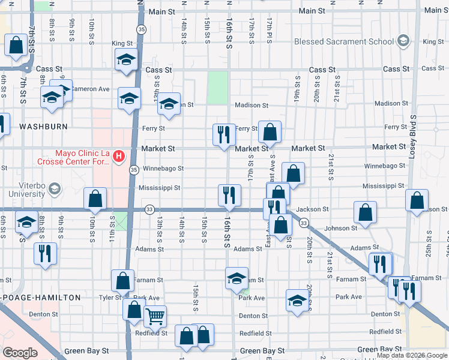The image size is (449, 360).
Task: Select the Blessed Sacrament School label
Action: coord(344,41)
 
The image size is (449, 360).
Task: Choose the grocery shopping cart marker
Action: coord(155,316)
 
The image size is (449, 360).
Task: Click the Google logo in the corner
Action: coord(20,353)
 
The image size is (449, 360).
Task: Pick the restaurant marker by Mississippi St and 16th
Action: coord(229,194)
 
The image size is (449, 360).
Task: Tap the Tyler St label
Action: coord(110,298)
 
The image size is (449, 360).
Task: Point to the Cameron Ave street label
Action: coord(90,89)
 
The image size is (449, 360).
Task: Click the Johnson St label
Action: coord(340,228)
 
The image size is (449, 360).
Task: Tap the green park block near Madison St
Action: coord(218,88)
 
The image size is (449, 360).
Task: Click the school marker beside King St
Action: coord(127,59)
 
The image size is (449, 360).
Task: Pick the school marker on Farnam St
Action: coord(237,278)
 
